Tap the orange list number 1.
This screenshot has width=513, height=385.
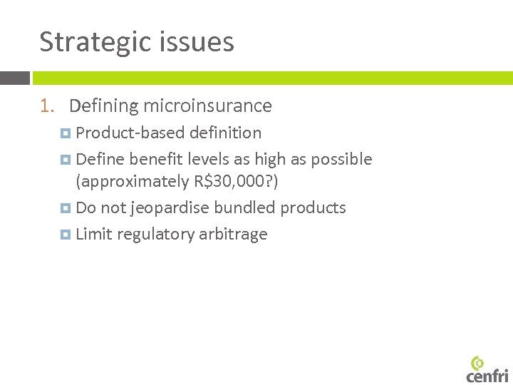46,106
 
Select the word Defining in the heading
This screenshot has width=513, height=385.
103,106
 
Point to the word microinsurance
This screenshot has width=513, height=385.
207,106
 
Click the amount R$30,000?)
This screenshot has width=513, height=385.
236,182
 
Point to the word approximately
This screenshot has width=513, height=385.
133,182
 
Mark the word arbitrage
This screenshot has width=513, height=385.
234,235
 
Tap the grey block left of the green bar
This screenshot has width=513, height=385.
14,78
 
